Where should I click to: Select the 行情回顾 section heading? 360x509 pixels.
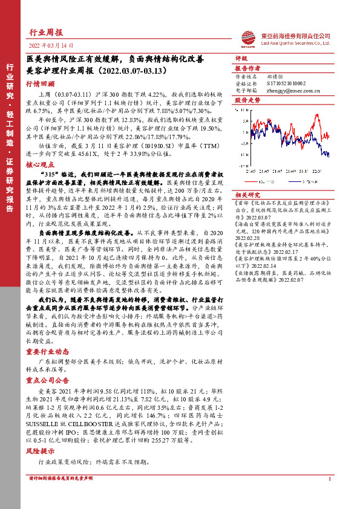pyautogui.click(x=41, y=85)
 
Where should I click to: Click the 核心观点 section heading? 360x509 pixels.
pyautogui.click(x=41, y=164)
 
